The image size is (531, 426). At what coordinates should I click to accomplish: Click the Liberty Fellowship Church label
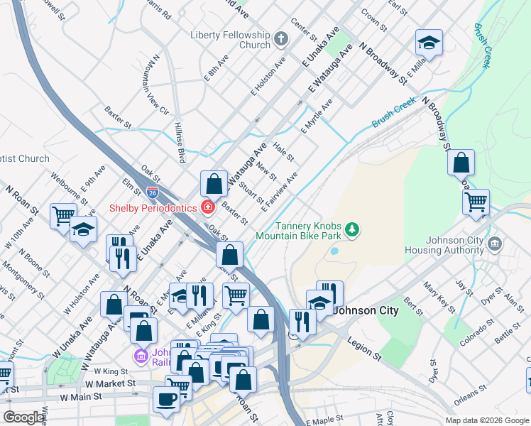[x=230, y=40]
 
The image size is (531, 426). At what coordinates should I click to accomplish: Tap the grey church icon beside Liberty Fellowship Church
[x=281, y=38]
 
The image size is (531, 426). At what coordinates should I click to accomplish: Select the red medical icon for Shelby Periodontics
[x=207, y=208]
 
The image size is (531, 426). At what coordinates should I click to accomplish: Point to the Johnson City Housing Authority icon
[x=495, y=245]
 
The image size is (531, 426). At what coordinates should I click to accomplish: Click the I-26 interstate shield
[x=153, y=192]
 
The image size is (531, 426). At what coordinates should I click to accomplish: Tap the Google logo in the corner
[x=23, y=417]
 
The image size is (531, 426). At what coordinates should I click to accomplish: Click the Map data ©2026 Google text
[x=486, y=420]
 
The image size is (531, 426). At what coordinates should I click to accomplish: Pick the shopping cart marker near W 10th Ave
[x=63, y=215]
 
